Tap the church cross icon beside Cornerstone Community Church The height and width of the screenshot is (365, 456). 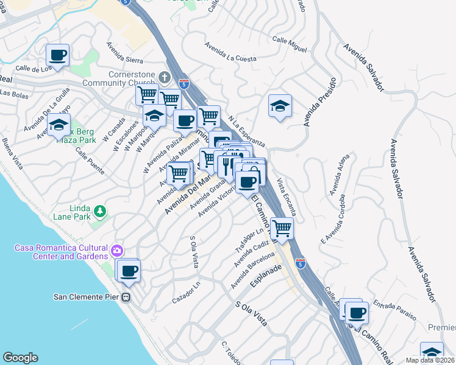163,77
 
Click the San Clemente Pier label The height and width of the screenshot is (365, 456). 86,297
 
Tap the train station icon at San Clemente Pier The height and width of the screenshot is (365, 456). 126,297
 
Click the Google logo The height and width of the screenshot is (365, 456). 20,357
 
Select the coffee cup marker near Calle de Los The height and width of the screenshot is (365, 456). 58,56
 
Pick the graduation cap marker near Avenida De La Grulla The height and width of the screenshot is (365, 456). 59,126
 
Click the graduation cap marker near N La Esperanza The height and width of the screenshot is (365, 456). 280,106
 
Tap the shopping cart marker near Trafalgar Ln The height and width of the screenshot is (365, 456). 282,229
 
